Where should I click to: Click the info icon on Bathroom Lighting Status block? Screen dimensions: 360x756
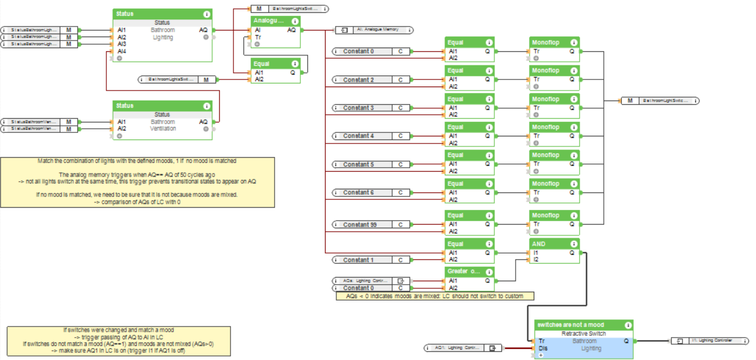coord(206,14)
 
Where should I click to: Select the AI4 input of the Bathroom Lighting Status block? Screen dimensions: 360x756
coord(122,51)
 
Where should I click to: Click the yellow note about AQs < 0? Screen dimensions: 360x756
coord(436,296)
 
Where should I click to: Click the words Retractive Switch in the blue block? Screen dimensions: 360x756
coord(583,334)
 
